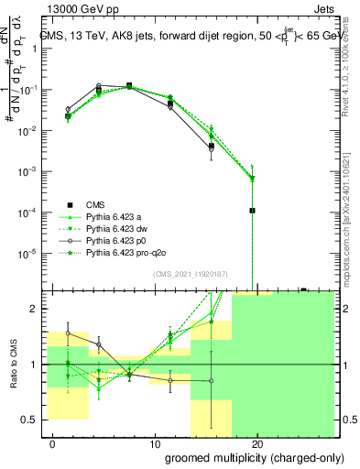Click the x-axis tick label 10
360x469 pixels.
(149, 445)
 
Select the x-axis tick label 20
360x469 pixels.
(257, 445)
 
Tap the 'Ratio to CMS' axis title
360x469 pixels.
(13, 365)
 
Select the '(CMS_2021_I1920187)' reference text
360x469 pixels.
(190, 274)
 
